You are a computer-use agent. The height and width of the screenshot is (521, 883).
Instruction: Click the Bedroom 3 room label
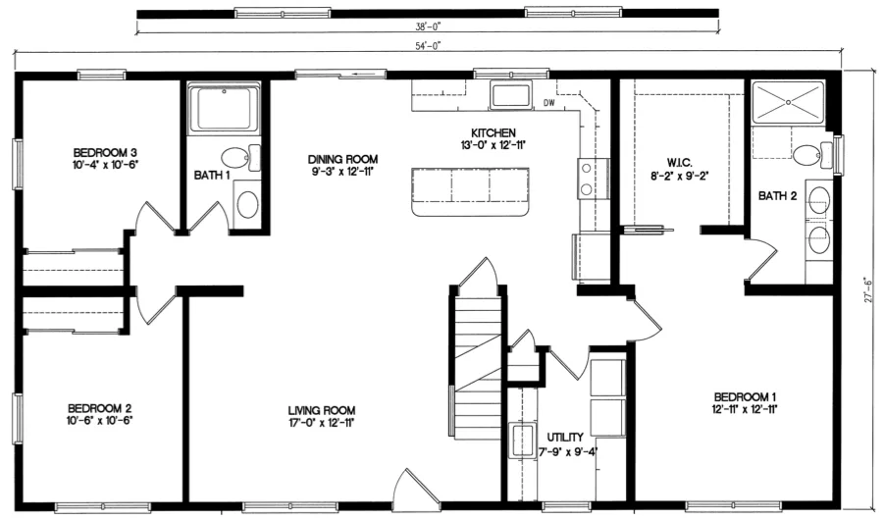pyautogui.click(x=104, y=152)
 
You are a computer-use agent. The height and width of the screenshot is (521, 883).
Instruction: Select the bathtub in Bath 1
pyautogui.click(x=225, y=109)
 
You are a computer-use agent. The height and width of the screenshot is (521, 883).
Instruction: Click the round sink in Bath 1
pyautogui.click(x=247, y=204)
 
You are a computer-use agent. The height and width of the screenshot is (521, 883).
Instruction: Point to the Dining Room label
pyautogui.click(x=342, y=159)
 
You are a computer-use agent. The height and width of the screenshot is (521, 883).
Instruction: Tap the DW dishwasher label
pyautogui.click(x=549, y=103)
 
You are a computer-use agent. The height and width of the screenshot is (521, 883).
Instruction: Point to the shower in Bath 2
pyautogui.click(x=789, y=102)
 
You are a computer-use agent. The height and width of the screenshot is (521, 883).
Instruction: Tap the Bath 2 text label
pyautogui.click(x=777, y=195)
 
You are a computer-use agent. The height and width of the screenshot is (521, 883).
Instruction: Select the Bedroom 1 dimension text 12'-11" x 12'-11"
pyautogui.click(x=747, y=407)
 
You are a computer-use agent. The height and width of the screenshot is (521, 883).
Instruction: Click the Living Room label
pyautogui.click(x=322, y=410)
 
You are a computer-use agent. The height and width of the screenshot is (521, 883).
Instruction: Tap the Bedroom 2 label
pyautogui.click(x=100, y=407)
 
